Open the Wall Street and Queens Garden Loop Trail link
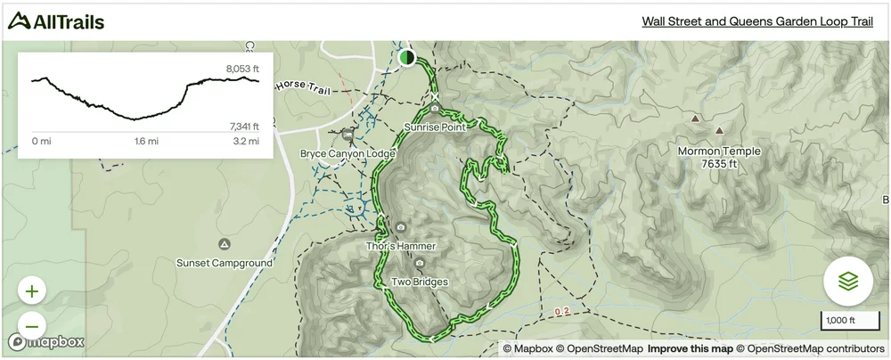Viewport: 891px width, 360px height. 757,22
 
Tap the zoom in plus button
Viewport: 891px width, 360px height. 32,291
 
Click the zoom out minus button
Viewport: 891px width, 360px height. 32,325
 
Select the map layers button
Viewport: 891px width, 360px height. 847,282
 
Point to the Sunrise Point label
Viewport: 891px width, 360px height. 435,127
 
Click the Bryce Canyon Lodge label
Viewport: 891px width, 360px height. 347,154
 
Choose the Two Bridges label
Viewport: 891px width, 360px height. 420,282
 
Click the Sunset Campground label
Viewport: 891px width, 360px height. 224,264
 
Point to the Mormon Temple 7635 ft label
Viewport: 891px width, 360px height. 719,158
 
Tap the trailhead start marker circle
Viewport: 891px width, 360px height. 407,58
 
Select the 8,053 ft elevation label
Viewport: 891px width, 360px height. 242,69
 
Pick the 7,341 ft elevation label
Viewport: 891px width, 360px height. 242,127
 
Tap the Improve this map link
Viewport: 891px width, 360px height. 691,348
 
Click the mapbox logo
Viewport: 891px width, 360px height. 46,341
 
